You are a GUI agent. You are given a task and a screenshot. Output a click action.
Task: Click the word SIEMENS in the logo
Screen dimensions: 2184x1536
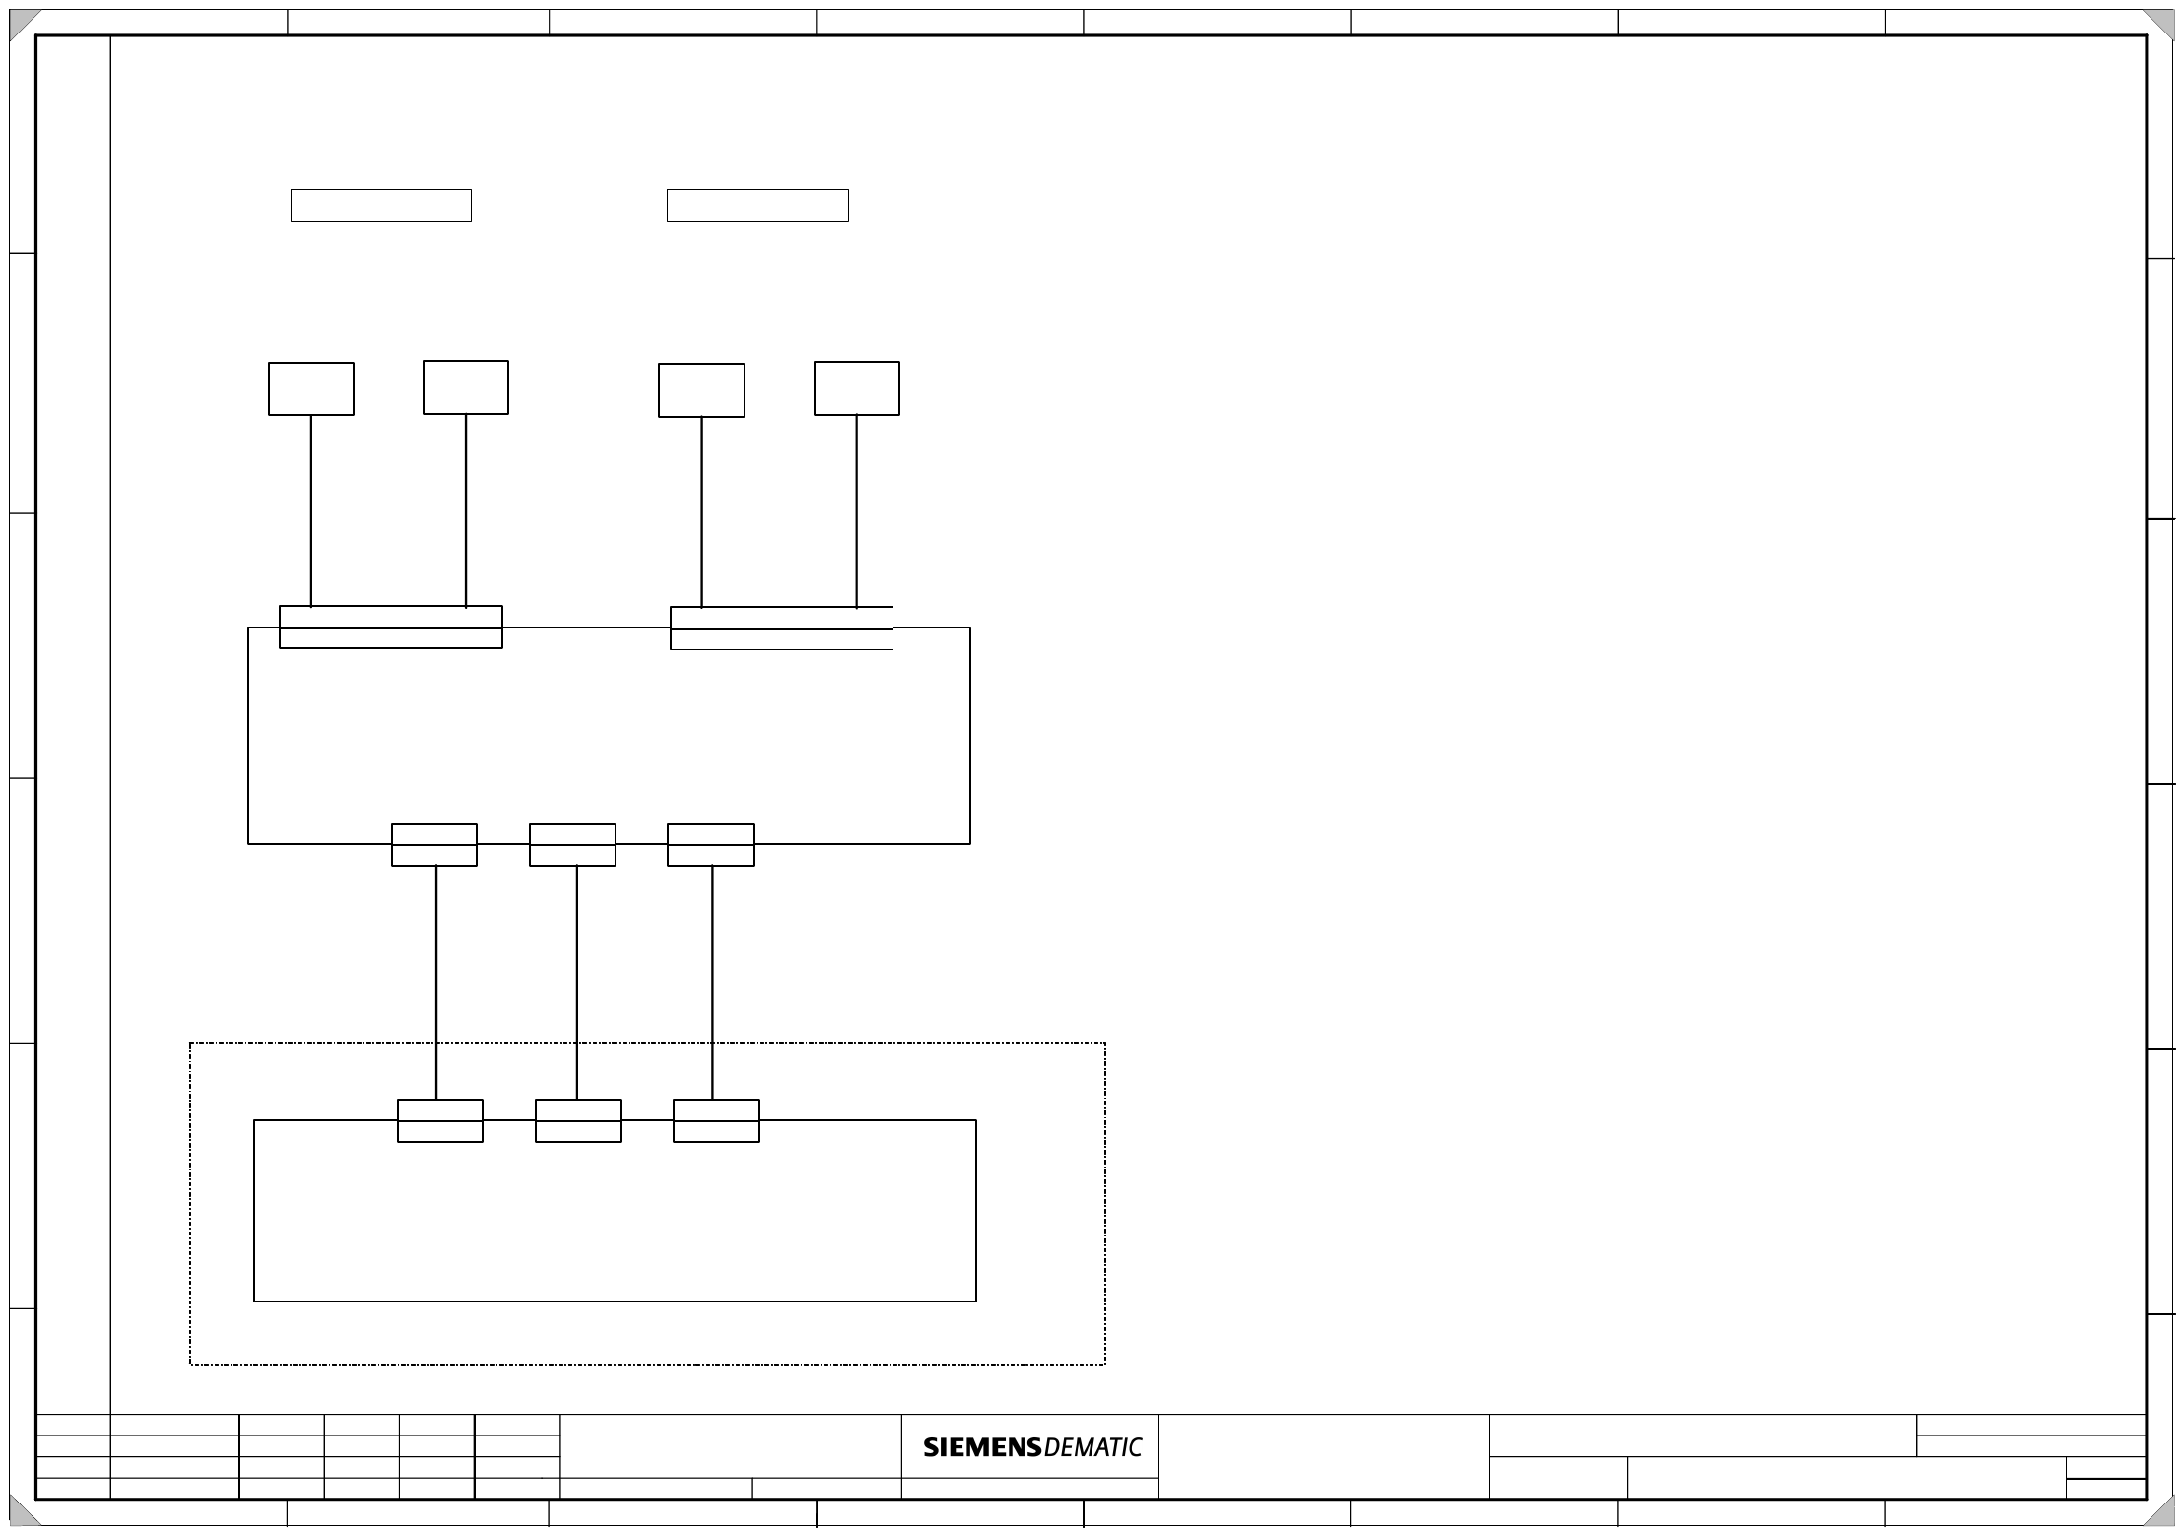(x=981, y=1447)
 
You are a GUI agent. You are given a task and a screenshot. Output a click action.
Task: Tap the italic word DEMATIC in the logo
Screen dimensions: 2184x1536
(x=1092, y=1447)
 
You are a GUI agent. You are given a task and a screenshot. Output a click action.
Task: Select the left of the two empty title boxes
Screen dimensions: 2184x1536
(x=381, y=205)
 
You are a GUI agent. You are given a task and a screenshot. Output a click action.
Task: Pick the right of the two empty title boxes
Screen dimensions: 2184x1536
(x=758, y=205)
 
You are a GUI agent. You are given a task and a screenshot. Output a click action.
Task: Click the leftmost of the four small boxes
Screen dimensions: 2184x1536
(x=311, y=388)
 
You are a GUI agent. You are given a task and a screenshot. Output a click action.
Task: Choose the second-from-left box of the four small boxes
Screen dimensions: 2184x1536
(x=466, y=387)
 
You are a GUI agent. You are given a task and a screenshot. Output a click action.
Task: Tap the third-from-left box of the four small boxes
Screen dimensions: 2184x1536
(x=701, y=390)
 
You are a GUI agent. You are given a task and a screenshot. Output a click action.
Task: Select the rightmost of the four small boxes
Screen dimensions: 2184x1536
(x=857, y=388)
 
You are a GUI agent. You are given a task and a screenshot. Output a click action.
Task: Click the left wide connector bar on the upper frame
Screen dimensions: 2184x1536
(x=391, y=628)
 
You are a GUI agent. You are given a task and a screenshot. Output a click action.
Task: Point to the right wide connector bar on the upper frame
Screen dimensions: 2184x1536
(x=781, y=629)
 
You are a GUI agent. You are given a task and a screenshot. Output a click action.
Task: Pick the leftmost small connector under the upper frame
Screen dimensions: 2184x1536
(x=434, y=845)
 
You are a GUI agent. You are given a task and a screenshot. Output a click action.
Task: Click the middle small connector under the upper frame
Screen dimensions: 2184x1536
(x=572, y=845)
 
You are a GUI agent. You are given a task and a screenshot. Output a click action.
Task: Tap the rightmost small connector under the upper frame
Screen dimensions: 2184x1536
(x=710, y=845)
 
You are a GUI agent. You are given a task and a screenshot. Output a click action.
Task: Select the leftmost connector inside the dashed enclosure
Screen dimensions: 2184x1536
(x=440, y=1121)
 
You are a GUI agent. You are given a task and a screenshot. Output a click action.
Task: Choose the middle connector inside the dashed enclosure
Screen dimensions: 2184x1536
(x=578, y=1121)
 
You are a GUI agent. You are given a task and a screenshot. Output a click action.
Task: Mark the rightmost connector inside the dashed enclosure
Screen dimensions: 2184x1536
(x=716, y=1121)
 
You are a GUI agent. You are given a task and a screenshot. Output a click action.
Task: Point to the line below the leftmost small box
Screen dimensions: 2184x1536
(x=311, y=510)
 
